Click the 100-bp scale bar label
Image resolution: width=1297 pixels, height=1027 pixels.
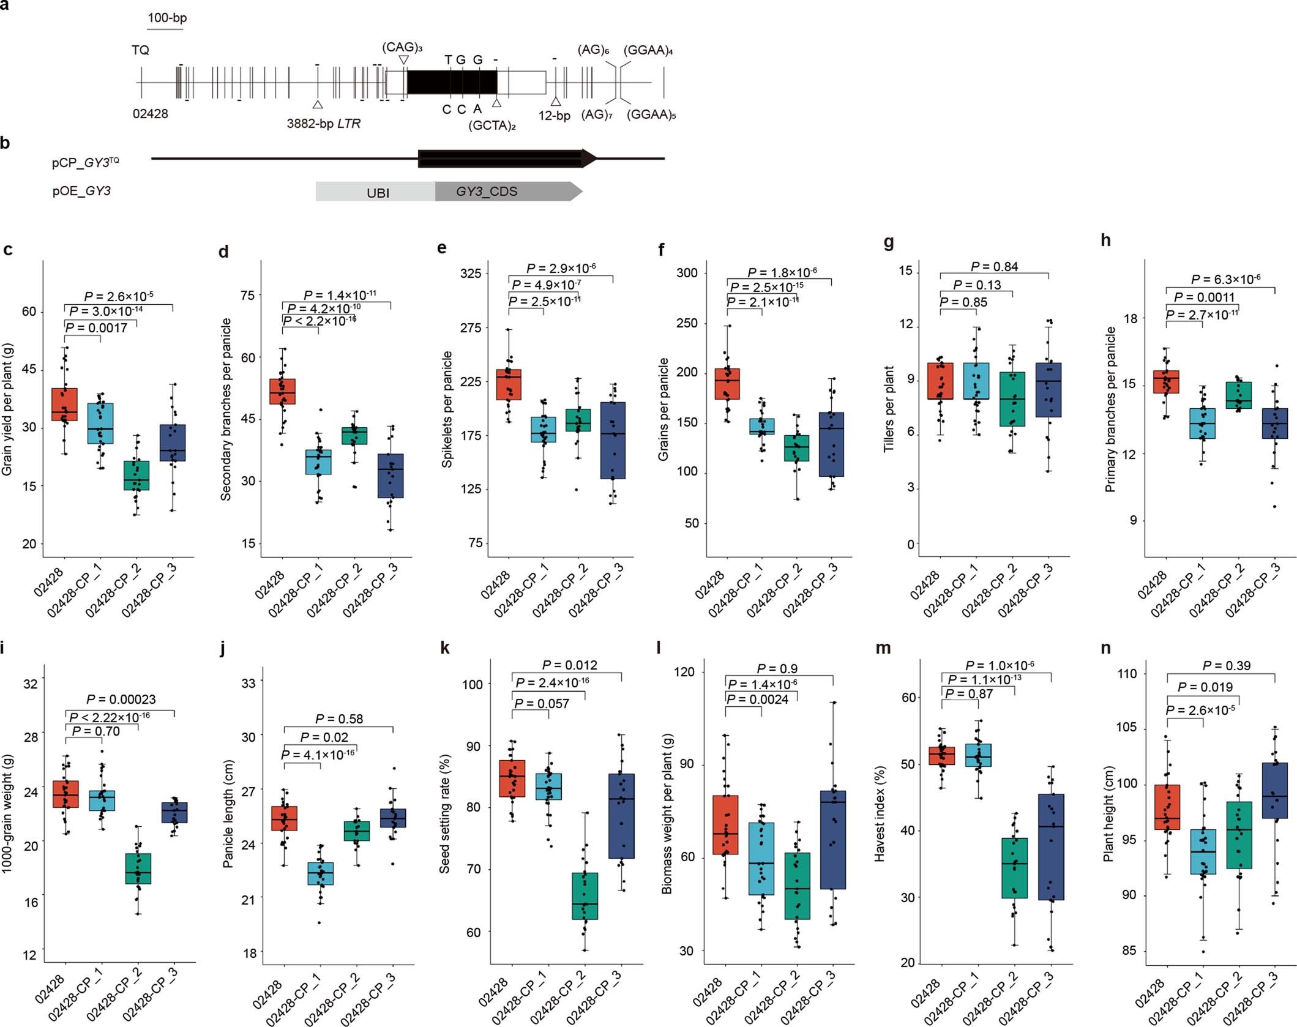(166, 17)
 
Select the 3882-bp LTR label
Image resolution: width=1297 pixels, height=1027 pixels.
(323, 124)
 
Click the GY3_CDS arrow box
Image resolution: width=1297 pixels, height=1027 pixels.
(502, 192)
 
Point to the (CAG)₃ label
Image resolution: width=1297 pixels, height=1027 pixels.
(402, 47)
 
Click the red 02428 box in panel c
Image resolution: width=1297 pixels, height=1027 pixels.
(64, 404)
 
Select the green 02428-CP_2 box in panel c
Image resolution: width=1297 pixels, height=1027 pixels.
(136, 475)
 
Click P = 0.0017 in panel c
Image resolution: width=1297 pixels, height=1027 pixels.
(96, 328)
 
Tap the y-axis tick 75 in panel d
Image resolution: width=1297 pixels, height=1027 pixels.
(247, 296)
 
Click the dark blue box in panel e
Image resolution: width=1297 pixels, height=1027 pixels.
(613, 441)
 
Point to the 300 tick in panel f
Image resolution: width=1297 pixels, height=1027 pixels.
(687, 273)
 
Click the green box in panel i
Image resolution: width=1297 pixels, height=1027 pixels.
(138, 868)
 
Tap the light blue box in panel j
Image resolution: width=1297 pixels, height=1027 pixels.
(320, 874)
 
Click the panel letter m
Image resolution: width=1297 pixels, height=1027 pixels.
(883, 648)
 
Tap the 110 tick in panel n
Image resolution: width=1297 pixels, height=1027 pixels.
(1127, 674)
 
